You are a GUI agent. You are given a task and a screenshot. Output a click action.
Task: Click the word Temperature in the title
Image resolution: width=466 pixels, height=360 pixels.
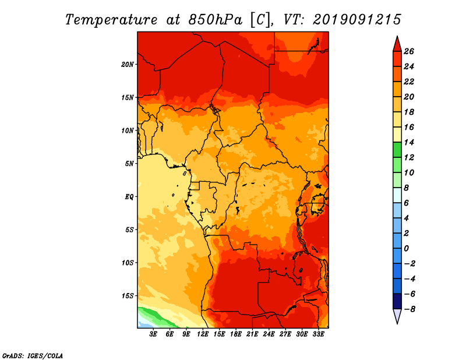[111, 20]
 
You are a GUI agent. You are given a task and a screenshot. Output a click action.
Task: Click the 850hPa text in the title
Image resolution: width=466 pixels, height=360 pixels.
[215, 20]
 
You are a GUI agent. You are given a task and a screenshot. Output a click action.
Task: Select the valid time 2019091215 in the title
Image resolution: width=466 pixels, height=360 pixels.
[357, 20]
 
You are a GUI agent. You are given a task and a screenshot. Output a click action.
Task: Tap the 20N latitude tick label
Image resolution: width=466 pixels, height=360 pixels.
[128, 65]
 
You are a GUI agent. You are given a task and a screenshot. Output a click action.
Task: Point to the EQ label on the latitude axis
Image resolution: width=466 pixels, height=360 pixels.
[129, 197]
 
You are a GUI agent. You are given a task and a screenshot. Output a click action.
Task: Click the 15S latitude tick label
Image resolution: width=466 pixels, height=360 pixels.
[128, 296]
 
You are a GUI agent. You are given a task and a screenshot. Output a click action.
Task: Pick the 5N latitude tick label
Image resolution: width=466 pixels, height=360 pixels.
[129, 164]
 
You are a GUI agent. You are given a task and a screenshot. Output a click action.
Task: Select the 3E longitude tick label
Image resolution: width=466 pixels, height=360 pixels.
[153, 334]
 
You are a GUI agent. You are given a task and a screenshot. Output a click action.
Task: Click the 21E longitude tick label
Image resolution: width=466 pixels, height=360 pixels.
[252, 334]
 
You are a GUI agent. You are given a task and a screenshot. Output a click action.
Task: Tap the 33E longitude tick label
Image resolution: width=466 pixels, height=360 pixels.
[318, 334]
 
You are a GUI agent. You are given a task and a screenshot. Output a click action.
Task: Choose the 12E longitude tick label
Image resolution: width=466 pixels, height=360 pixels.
[203, 334]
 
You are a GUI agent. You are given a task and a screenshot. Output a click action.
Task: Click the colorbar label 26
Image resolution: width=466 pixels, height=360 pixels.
[409, 51]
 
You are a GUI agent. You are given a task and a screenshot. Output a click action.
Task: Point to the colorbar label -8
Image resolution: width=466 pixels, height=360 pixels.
[409, 309]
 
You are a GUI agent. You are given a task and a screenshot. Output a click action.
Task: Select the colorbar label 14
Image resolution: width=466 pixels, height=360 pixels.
[409, 142]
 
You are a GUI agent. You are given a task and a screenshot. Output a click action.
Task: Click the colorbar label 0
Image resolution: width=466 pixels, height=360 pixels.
[406, 249]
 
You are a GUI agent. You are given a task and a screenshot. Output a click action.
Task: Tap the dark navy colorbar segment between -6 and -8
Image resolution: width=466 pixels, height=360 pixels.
[397, 301]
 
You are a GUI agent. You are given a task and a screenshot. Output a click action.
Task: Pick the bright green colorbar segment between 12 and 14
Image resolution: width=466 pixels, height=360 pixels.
[397, 150]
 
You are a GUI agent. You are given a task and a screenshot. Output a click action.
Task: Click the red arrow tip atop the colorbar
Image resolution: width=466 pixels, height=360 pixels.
[397, 37]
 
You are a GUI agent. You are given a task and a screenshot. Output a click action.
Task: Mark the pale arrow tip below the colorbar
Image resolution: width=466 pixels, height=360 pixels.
[397, 323]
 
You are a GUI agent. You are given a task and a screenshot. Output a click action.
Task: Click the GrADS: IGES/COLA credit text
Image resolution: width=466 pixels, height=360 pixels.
[33, 355]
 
